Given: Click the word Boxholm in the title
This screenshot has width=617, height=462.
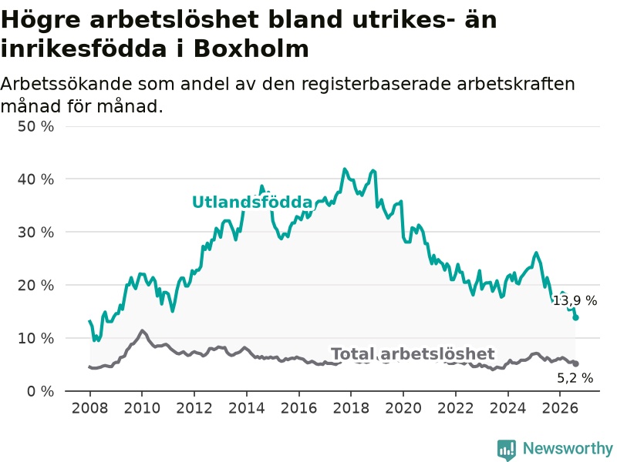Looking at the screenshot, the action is click(x=251, y=49).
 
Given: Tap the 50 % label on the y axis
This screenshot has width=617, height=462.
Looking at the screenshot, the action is click(x=35, y=126).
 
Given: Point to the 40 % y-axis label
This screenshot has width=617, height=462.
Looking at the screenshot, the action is click(x=35, y=179).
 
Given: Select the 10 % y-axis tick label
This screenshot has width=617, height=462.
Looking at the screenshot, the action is click(x=35, y=338).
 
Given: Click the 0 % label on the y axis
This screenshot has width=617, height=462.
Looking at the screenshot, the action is click(x=41, y=391).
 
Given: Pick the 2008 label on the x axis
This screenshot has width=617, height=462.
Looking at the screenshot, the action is click(x=89, y=408).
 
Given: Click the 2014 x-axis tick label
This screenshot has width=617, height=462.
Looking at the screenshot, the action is click(x=246, y=408).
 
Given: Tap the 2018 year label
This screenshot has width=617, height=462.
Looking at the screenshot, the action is click(x=351, y=408).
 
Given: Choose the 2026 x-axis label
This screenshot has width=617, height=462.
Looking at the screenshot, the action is click(x=560, y=408).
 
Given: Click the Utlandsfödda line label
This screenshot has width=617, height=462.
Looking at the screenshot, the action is click(x=252, y=202).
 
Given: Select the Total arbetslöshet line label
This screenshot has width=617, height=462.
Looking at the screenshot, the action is click(x=413, y=353).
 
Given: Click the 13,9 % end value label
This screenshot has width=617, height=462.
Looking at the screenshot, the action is click(x=575, y=301).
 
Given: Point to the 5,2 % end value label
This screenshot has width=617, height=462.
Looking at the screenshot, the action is click(x=575, y=378).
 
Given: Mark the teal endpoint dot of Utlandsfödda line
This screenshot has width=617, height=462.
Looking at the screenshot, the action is click(x=575, y=317).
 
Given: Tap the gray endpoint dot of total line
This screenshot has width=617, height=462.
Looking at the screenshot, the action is click(x=575, y=363).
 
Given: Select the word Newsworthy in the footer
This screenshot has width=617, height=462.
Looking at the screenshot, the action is click(x=568, y=448).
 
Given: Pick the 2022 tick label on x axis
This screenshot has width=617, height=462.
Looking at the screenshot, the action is click(x=455, y=408).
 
